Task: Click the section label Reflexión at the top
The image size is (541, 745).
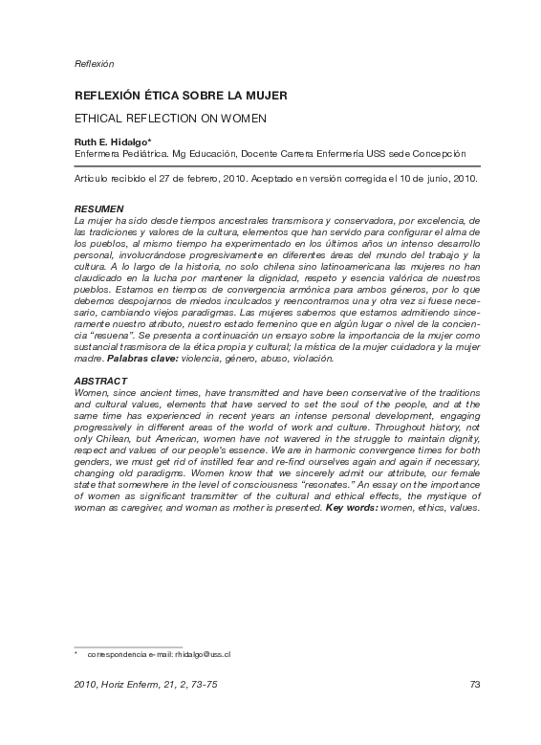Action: (x=94, y=64)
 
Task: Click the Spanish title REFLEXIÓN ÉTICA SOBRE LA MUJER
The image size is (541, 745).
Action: (x=181, y=97)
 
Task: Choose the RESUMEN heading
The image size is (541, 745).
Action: (x=98, y=208)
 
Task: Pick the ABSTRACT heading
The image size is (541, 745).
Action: (x=100, y=381)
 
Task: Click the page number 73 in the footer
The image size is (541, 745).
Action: (x=473, y=684)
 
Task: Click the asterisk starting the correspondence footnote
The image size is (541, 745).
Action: (x=76, y=653)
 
